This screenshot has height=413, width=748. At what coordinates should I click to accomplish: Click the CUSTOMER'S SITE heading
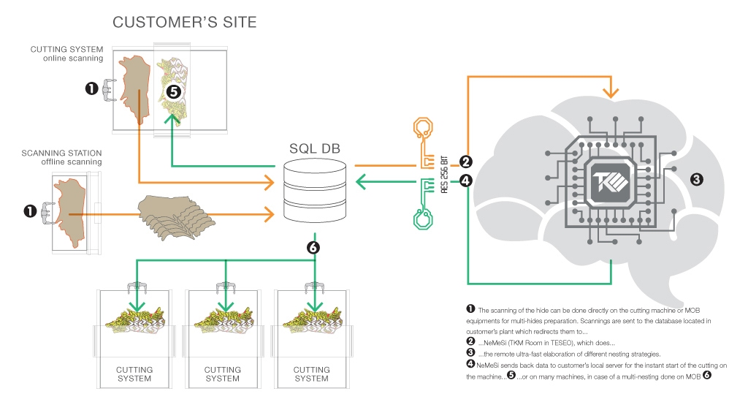click(184, 23)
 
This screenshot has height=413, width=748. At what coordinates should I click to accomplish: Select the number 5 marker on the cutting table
click(173, 91)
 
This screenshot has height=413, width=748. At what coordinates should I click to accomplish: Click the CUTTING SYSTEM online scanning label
click(66, 53)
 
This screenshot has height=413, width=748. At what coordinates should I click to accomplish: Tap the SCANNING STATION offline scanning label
click(62, 157)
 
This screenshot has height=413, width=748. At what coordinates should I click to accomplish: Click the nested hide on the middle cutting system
click(222, 322)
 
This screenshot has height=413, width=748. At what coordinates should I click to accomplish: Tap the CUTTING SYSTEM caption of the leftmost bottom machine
click(134, 374)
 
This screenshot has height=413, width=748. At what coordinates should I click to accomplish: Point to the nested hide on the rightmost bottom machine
click(311, 322)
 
